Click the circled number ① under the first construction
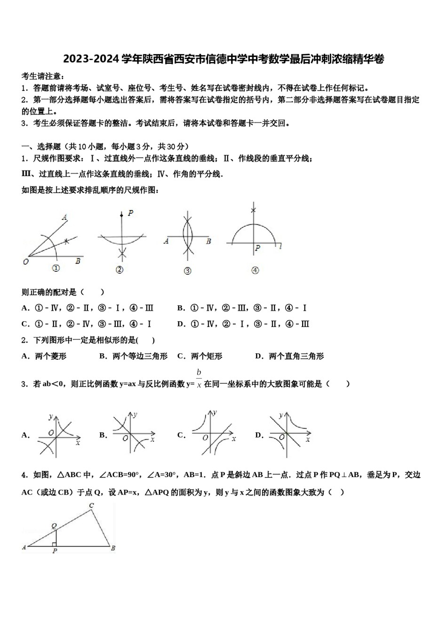(56, 268)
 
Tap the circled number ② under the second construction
(119, 269)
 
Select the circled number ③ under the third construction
(187, 271)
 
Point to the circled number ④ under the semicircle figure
(255, 270)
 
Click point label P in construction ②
(130, 213)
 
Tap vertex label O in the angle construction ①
(26, 261)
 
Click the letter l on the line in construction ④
(280, 246)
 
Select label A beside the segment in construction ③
(166, 241)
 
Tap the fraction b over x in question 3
(199, 378)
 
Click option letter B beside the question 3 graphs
(102, 435)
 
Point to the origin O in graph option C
(205, 438)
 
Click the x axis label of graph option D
(308, 439)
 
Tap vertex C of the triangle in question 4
(91, 506)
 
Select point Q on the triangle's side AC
(54, 526)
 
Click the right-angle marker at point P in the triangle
(54, 544)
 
